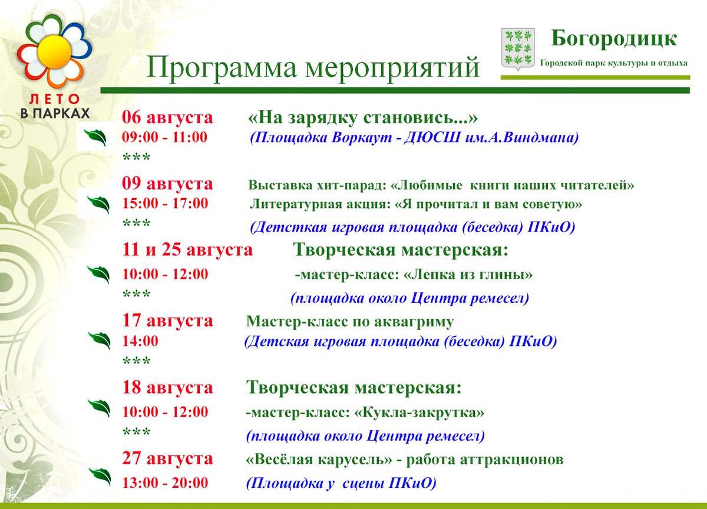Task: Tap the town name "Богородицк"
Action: (x=614, y=39)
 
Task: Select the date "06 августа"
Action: (x=167, y=118)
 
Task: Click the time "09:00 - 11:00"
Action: (x=165, y=138)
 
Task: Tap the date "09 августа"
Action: (x=167, y=184)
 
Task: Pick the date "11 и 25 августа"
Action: (x=187, y=250)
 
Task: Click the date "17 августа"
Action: (x=167, y=321)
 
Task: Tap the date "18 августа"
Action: (x=167, y=388)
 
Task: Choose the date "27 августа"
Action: (x=167, y=458)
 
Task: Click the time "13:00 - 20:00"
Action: (x=165, y=483)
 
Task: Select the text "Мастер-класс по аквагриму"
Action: (x=350, y=322)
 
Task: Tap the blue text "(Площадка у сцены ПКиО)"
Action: (x=341, y=483)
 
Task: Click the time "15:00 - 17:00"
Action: (x=165, y=204)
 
